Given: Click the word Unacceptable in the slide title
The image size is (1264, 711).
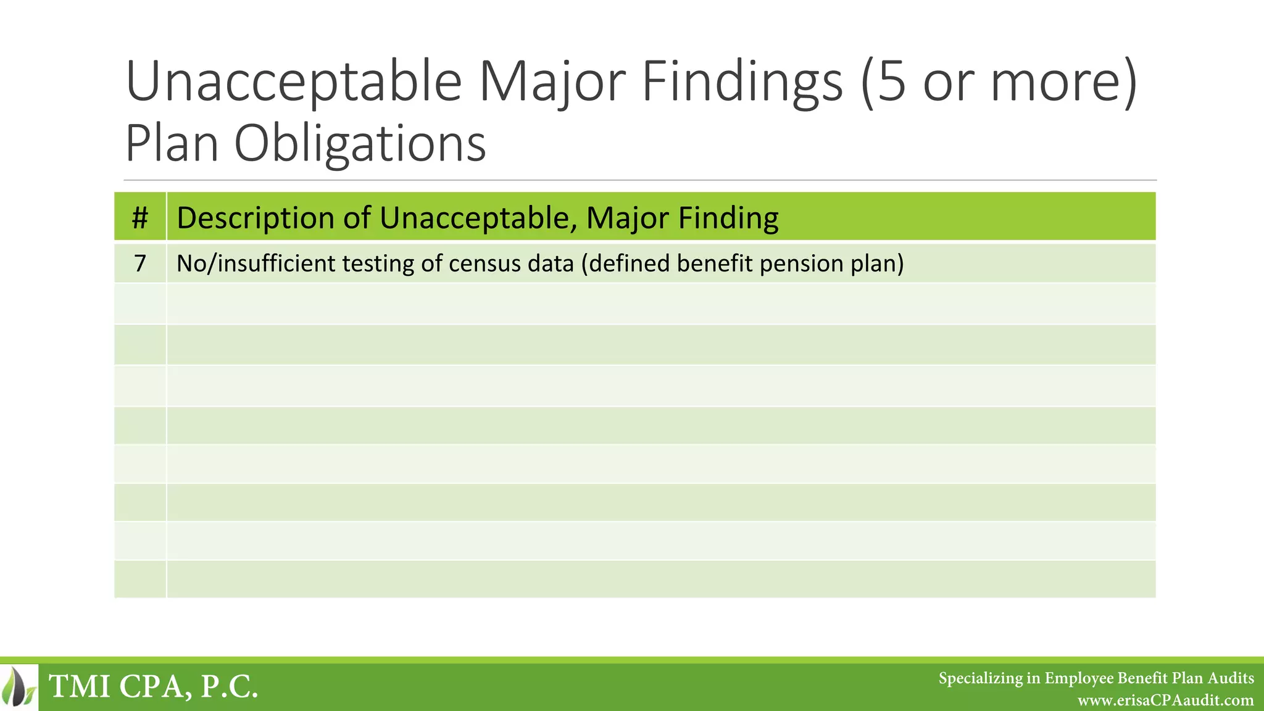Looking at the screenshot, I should tap(294, 81).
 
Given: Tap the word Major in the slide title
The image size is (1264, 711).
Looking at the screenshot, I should tap(554, 81).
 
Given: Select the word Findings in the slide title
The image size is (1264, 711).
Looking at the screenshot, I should tap(742, 81).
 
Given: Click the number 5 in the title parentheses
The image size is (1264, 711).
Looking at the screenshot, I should tap(891, 81).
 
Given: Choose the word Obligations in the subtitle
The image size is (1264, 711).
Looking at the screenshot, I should tap(360, 143).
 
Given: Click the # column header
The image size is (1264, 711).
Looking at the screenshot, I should tap(140, 217).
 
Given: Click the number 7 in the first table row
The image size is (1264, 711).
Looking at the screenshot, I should tap(140, 264).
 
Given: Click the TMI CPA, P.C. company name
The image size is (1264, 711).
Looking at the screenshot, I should tap(153, 686).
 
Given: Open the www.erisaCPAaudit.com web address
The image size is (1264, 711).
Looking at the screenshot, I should tap(1165, 701).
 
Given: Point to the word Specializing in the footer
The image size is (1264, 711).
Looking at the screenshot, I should tap(980, 678).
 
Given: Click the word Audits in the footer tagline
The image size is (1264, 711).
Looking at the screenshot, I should tap(1231, 678).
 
